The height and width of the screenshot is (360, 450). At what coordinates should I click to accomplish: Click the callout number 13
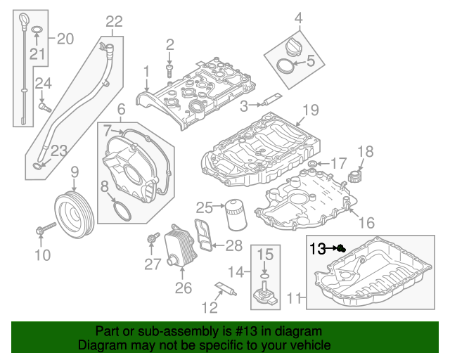(x=318, y=248)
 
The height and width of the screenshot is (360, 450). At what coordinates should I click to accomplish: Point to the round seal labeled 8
(x=122, y=210)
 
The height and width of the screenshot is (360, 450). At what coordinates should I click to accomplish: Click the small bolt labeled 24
(x=45, y=108)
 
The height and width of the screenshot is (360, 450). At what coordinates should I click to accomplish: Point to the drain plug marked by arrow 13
(x=340, y=248)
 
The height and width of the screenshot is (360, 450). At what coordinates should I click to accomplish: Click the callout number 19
(x=310, y=110)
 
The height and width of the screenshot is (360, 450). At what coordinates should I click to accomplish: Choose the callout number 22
(x=114, y=22)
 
